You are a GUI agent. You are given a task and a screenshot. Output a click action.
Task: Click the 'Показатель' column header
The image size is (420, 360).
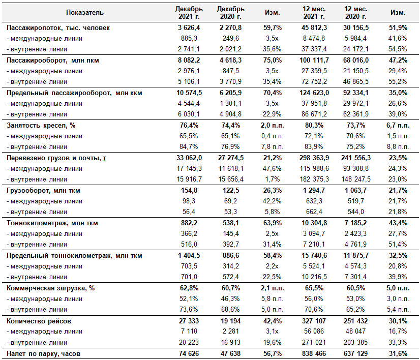(x=84, y=13)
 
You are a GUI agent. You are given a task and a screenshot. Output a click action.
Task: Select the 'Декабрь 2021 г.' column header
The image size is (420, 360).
(x=189, y=13)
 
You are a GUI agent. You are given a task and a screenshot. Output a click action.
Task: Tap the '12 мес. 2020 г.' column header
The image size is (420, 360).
(x=356, y=13)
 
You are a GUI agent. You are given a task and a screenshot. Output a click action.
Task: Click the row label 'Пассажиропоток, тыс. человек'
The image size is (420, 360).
(x=58, y=28)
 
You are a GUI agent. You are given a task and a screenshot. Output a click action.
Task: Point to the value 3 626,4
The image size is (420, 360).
(x=189, y=28)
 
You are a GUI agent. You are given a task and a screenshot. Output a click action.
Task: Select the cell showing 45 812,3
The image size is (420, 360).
(x=314, y=28)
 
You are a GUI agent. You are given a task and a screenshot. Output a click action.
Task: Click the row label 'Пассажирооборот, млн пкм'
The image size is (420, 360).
(x=53, y=61)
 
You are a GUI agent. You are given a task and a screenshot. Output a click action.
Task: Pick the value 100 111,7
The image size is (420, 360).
(x=314, y=61)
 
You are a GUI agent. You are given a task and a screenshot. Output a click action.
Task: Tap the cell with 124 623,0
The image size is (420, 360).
(x=314, y=93)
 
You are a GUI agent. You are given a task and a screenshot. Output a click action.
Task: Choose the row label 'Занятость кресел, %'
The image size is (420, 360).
(x=41, y=126)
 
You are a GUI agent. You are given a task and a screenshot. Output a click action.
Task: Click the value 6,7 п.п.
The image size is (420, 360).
(x=398, y=126)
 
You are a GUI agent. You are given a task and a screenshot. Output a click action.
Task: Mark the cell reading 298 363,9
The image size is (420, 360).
(x=314, y=158)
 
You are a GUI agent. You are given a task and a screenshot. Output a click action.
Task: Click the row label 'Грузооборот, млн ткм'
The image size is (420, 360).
(x=43, y=191)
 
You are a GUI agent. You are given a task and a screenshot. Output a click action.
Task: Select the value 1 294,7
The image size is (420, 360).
(x=314, y=191)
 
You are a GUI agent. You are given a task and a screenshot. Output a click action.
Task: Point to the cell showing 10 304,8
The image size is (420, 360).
(x=314, y=223)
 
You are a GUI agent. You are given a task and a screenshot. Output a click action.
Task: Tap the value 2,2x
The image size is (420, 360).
(x=272, y=266)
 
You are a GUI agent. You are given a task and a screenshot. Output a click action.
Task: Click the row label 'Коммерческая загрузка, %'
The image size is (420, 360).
(x=51, y=288)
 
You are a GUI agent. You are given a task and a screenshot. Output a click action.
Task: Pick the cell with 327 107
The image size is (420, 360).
(x=314, y=321)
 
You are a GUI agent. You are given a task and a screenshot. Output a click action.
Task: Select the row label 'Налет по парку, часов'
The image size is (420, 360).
(x=43, y=354)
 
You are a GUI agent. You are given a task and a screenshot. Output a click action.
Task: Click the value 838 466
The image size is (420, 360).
(x=314, y=353)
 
